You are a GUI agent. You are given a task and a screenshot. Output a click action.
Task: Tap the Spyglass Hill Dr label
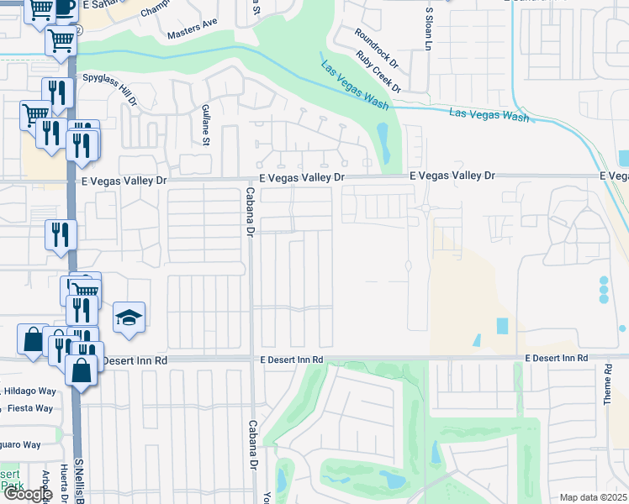coord(108,87)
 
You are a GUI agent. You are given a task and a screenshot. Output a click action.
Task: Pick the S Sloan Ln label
coord(428,29)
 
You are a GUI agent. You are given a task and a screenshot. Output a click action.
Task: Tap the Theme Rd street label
coord(607,386)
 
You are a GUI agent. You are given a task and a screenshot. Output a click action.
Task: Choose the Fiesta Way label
coord(30,408)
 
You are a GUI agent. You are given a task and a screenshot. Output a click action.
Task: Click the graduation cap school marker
coord(129,318)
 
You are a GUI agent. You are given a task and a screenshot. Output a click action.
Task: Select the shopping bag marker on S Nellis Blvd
coord(81,370)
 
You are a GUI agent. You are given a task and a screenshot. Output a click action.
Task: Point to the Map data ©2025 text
coord(594,497)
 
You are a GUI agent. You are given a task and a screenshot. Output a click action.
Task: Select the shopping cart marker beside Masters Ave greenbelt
coord(61,39)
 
